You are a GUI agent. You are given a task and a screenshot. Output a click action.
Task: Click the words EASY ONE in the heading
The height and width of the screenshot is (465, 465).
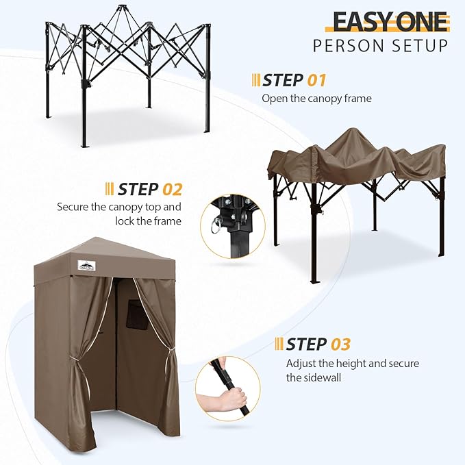(390, 23)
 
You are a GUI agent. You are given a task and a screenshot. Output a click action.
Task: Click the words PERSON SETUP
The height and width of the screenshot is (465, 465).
(381, 46)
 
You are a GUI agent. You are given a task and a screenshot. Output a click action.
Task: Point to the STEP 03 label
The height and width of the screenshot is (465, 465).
(318, 343)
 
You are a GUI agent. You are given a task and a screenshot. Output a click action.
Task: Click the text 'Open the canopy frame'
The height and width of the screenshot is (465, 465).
(316, 99)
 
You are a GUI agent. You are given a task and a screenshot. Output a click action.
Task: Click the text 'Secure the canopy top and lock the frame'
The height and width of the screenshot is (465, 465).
(119, 214)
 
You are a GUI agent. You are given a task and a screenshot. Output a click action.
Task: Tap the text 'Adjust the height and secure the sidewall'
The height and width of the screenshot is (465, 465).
(352, 370)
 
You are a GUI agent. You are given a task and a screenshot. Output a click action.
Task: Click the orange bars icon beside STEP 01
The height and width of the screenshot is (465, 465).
(256, 80)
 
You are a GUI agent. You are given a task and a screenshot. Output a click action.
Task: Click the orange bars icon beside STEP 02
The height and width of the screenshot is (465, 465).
(110, 188)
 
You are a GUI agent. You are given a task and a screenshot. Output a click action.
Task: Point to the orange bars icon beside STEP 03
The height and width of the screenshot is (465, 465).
(278, 343)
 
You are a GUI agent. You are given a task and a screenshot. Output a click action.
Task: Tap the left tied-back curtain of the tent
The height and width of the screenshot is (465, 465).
(82, 356)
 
